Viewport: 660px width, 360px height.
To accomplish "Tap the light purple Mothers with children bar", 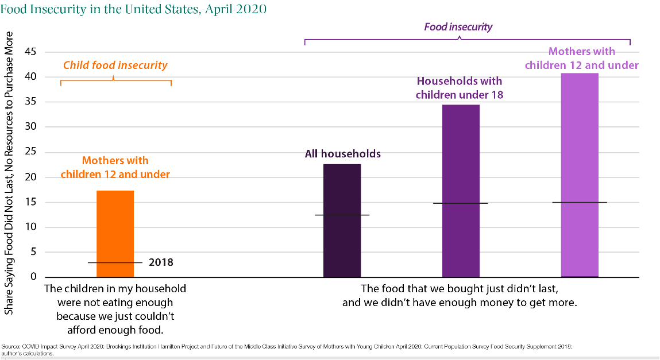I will tap(580, 144).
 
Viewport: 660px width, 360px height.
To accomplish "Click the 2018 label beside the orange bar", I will tap(161, 262).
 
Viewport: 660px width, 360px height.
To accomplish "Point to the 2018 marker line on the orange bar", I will tap(115, 262).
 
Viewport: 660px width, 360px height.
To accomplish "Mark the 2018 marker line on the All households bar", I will tap(342, 215).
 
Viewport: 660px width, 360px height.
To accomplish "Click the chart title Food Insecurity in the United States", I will tap(134, 10).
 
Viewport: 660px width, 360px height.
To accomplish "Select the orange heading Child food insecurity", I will tap(115, 65).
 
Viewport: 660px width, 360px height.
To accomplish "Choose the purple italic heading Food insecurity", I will tap(458, 26).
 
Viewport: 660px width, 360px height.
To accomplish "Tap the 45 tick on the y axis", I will tap(30, 52).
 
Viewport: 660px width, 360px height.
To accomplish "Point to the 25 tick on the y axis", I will tap(30, 152).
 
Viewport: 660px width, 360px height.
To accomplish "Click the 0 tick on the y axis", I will tap(33, 277).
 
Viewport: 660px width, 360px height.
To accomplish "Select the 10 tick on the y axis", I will tap(30, 227).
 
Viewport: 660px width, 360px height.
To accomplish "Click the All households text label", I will tap(342, 154).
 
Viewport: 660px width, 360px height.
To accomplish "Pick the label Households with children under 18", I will tap(460, 88).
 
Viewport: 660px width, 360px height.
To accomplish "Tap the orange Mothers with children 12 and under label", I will tap(115, 167).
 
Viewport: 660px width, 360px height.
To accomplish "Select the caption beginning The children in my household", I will tap(115, 309).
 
